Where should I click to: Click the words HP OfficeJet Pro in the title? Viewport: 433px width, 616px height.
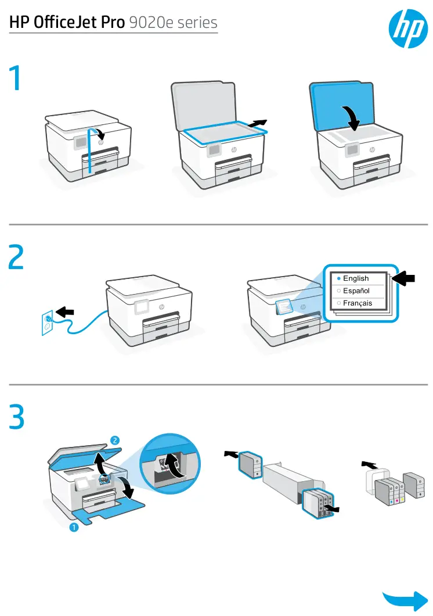pos(66,23)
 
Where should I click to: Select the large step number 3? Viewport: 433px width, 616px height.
pos(17,418)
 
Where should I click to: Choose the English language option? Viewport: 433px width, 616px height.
pos(355,278)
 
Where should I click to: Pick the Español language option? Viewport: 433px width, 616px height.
pos(356,291)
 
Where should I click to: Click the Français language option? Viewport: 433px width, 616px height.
pos(357,303)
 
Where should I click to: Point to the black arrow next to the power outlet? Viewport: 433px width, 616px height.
pos(66,312)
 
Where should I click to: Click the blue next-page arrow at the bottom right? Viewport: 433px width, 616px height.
pos(405,600)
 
